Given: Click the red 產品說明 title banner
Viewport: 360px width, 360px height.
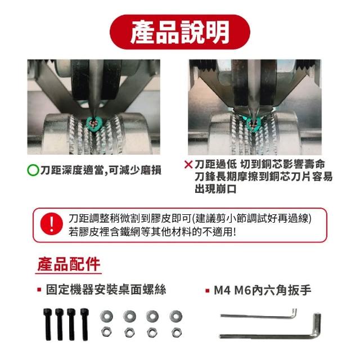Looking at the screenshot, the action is (x=180, y=32).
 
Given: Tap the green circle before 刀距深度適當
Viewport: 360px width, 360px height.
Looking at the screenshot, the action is (x=33, y=170).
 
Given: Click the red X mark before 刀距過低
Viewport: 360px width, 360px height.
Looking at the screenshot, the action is (x=188, y=164).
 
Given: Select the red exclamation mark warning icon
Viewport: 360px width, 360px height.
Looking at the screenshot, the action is (x=51, y=223).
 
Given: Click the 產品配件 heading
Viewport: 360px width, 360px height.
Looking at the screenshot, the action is (x=69, y=264).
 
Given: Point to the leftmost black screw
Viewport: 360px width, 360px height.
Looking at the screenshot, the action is (x=47, y=324).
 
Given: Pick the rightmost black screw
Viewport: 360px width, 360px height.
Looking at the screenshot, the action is (x=84, y=324).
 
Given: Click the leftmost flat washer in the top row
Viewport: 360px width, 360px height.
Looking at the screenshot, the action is (x=106, y=316).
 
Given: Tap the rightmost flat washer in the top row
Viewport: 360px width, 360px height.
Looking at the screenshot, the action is (x=176, y=316).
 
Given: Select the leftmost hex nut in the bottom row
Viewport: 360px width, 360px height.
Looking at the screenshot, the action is (x=106, y=332).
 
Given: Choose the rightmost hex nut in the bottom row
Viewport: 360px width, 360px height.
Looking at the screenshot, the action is (x=176, y=332).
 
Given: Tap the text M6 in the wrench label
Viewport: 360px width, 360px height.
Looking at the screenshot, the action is (x=242, y=290).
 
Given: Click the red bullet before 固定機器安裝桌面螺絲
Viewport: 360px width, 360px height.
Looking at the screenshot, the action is (x=39, y=290).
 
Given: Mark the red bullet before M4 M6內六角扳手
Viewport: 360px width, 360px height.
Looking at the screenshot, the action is (x=208, y=291).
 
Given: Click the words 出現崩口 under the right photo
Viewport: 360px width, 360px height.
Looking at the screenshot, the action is (x=215, y=189).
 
